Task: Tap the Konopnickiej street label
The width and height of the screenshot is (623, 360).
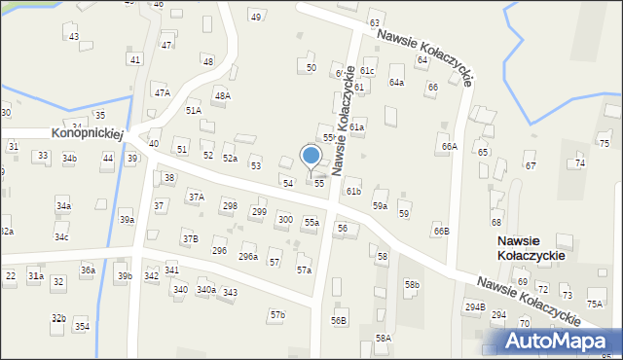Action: (87, 132)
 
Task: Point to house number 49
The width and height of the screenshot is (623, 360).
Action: (256, 17)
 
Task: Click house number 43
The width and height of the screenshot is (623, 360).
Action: (74, 36)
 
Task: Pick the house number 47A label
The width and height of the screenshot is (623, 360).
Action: (162, 92)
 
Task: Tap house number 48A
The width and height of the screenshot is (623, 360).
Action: (222, 95)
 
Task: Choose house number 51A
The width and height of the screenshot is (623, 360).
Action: (193, 111)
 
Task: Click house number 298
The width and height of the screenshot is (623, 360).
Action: (230, 205)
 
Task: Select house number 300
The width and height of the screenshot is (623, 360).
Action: (284, 220)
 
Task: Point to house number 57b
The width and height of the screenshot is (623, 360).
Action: (278, 315)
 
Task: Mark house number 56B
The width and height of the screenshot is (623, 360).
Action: (338, 320)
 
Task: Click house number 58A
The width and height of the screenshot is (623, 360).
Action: (384, 338)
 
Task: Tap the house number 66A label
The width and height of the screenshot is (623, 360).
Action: (448, 146)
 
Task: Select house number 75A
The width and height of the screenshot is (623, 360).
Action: (594, 304)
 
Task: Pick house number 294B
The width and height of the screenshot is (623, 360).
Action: (474, 306)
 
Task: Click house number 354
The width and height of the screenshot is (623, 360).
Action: (82, 326)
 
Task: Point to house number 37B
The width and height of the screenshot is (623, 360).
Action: (190, 238)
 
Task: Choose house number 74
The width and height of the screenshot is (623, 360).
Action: (580, 162)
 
